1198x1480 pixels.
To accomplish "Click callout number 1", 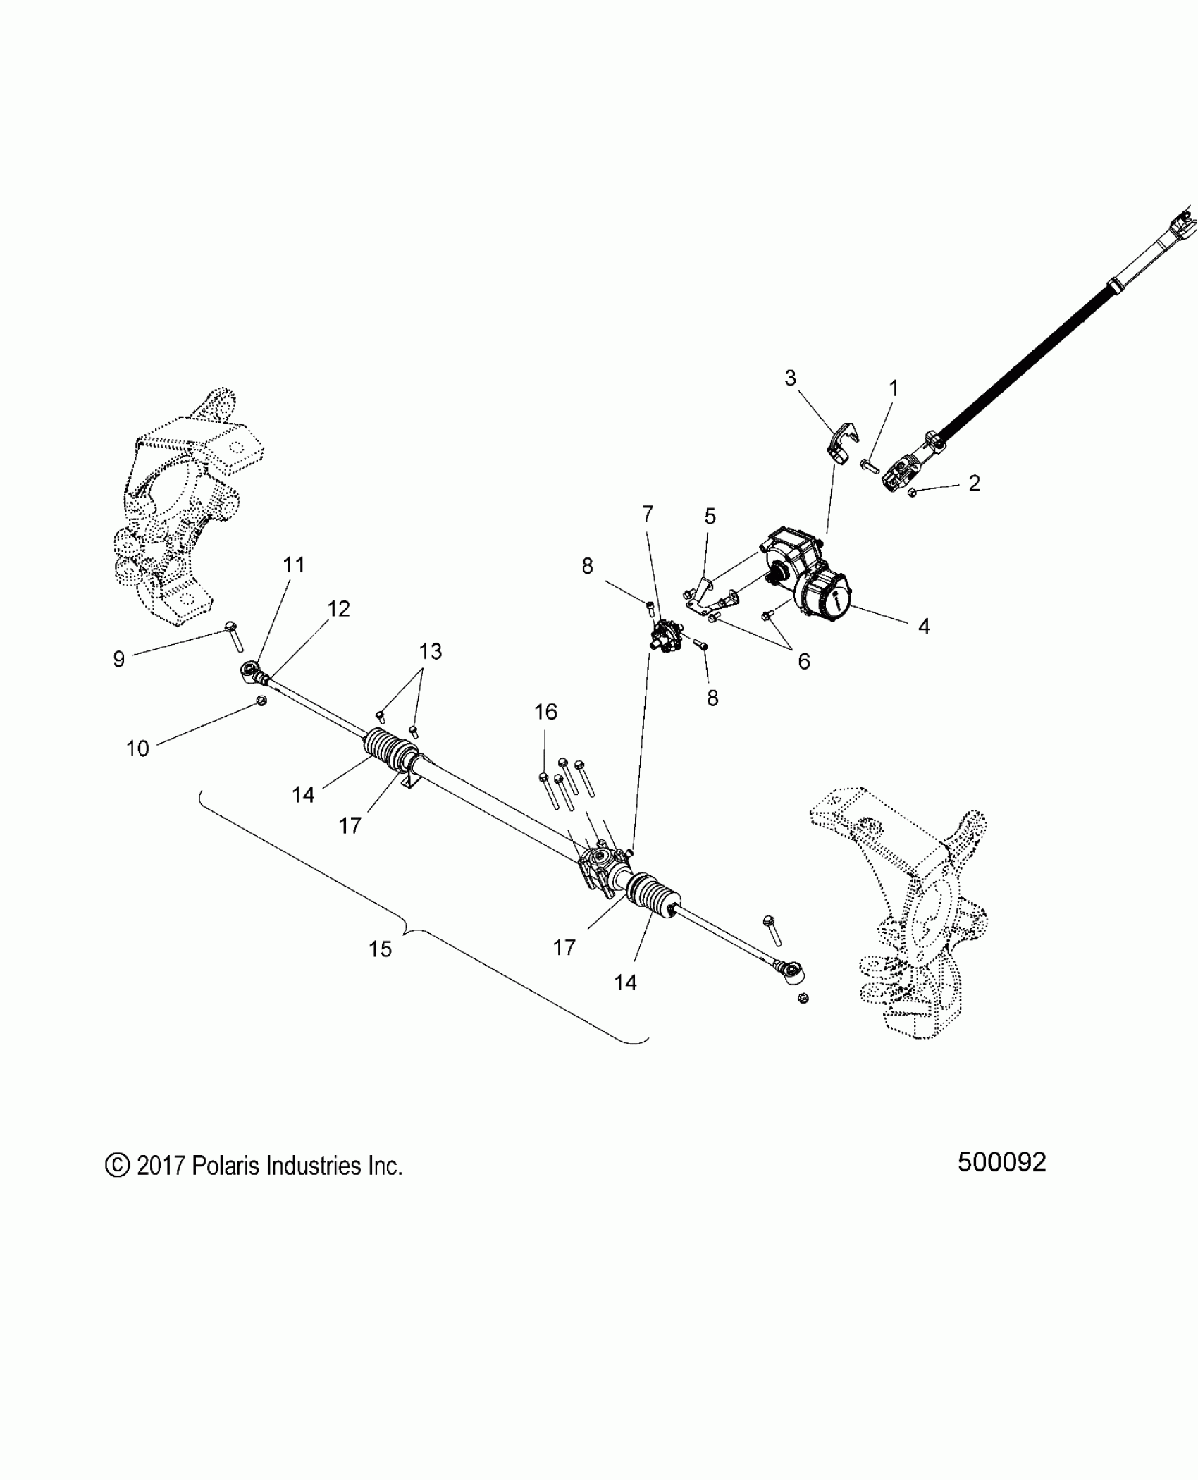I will (894, 388).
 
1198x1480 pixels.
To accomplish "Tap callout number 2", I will (974, 483).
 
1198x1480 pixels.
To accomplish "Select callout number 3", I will (791, 378).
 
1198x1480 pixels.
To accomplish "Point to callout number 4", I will (924, 626).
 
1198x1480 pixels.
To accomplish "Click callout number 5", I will (710, 517).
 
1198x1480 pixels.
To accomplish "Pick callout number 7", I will (648, 514).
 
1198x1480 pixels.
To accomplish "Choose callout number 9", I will (119, 659).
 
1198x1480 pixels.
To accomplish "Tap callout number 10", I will (137, 748).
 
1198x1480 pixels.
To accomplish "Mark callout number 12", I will (339, 609).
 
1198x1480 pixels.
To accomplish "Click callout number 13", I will (431, 651).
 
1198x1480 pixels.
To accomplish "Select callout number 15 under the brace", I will (380, 949).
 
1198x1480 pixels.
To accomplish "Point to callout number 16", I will (545, 712).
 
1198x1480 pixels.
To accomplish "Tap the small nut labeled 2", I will (911, 492).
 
